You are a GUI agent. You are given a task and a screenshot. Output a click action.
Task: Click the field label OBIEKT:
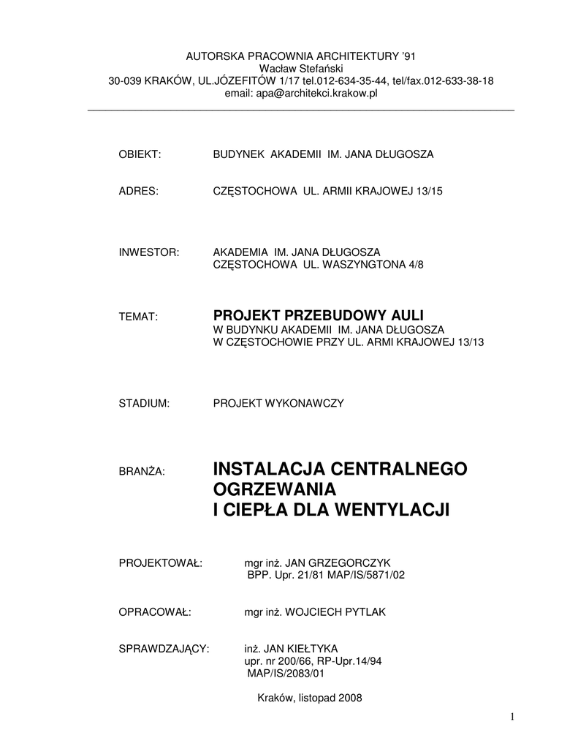coord(139,154)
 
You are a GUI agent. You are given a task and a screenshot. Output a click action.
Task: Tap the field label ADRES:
coord(138,191)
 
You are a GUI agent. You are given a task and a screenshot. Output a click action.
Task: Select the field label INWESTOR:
coord(149,252)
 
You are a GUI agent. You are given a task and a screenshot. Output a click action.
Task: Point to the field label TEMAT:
coord(138,317)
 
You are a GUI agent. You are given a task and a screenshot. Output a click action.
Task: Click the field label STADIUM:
coord(144,403)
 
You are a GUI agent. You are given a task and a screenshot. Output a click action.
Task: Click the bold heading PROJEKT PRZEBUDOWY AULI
coord(318,315)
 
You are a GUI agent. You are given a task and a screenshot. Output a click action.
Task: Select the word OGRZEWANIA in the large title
coord(273,489)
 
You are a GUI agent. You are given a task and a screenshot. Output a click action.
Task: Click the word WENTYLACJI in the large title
coord(389,509)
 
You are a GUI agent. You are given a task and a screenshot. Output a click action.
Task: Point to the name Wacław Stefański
coord(300,68)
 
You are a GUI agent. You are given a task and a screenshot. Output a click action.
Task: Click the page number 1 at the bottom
coord(513,717)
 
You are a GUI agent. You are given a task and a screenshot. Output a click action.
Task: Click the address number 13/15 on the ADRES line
coord(428,191)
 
